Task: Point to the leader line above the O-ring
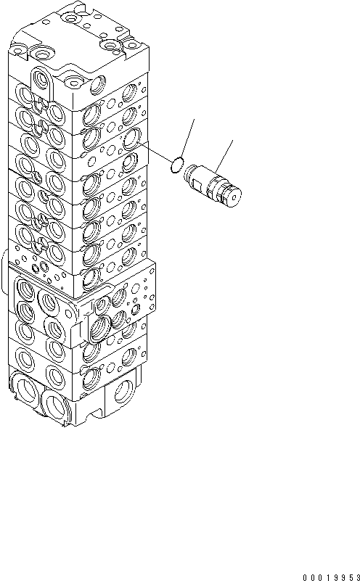(187, 138)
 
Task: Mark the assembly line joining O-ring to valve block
(154, 153)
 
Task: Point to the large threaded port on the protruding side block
(101, 326)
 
